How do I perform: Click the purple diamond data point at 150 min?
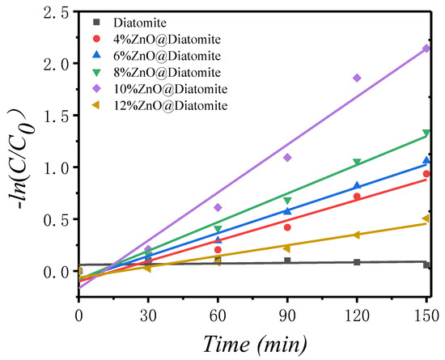click(x=426, y=49)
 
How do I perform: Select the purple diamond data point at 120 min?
click(x=357, y=78)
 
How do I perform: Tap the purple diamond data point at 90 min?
click(x=287, y=158)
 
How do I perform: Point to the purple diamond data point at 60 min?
click(x=218, y=207)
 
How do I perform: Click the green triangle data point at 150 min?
click(x=426, y=133)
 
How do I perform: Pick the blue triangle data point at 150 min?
click(x=426, y=160)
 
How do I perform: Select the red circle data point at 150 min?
click(x=426, y=174)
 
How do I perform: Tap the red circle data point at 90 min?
click(x=287, y=227)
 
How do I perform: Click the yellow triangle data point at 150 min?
click(x=426, y=218)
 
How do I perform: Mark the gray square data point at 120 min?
click(x=357, y=262)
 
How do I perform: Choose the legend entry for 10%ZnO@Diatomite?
click(x=159, y=89)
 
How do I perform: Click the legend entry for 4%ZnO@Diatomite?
click(x=157, y=39)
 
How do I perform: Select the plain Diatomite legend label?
click(x=140, y=23)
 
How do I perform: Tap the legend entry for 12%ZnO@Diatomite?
click(x=159, y=105)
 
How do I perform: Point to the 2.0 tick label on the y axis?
click(x=56, y=64)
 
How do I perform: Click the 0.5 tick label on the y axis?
click(x=56, y=219)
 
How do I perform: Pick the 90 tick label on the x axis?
click(x=287, y=316)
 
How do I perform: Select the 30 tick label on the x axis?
click(x=148, y=316)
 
